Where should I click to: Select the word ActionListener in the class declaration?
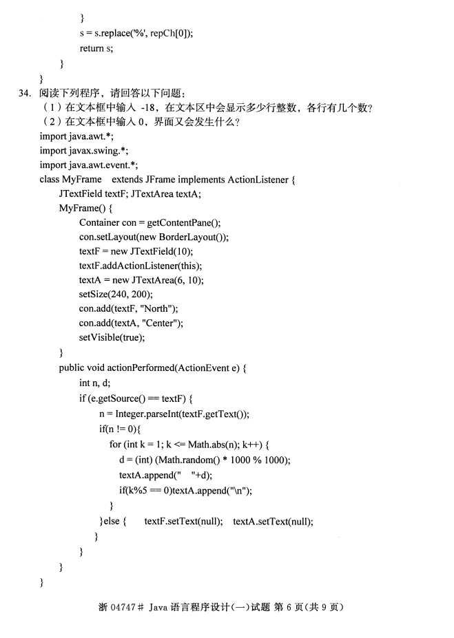[x=258, y=180]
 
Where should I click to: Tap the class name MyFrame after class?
[x=81, y=180]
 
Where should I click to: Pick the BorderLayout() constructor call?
[x=191, y=237]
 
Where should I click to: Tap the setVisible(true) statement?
[x=112, y=337]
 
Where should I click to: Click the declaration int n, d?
[x=94, y=383]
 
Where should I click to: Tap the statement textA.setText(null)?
[x=273, y=521]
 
